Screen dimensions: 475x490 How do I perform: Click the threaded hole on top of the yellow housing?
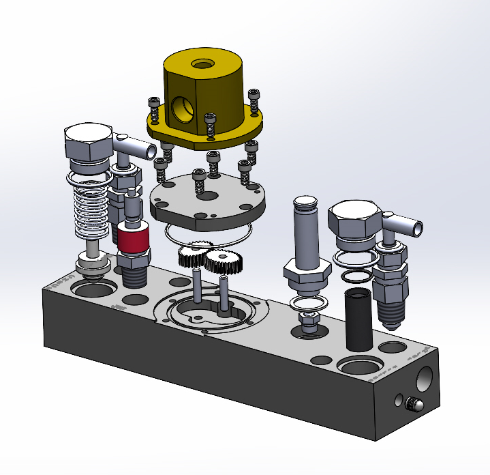[202, 65]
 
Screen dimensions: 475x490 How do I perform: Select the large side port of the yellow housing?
[182, 109]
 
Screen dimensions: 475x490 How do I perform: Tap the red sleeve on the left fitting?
[134, 240]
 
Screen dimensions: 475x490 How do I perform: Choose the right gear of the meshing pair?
[220, 262]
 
